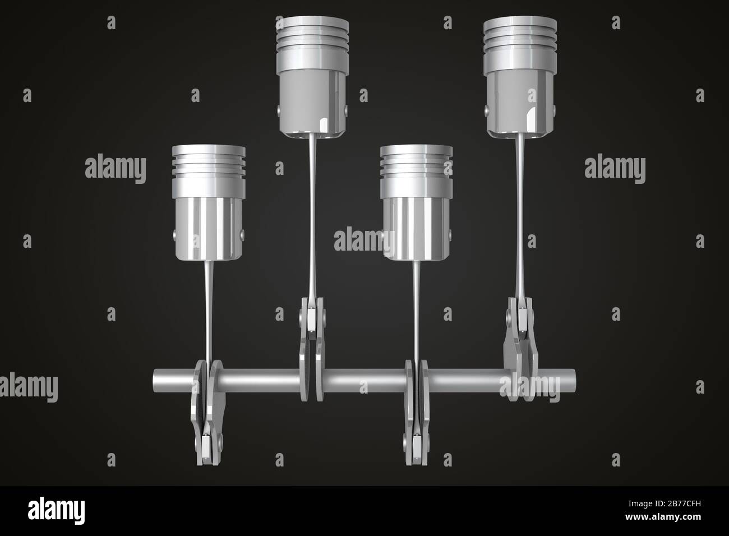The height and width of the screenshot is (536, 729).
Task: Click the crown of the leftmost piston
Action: pos(209,150)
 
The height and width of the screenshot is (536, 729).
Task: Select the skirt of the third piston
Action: pos(416,224)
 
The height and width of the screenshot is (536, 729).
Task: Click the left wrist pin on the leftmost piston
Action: pos(174,234)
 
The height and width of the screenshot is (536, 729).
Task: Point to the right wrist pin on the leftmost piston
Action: pos(242,234)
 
